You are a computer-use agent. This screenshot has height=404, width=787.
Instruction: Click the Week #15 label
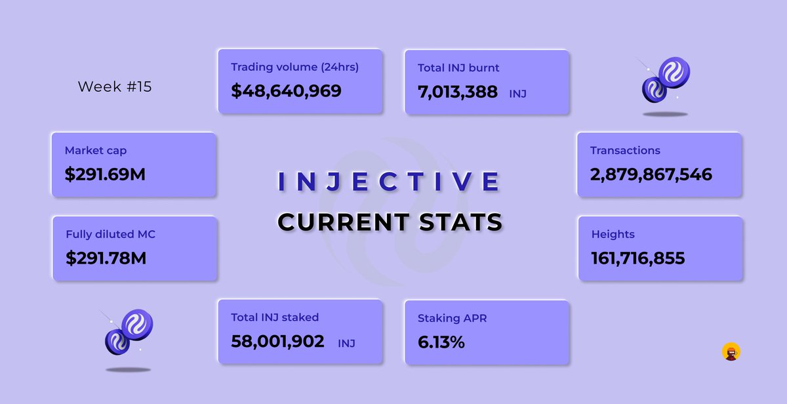[x=114, y=87]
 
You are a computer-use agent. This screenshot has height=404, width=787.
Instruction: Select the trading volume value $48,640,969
[x=286, y=91]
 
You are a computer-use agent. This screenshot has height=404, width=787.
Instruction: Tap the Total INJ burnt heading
[x=458, y=68]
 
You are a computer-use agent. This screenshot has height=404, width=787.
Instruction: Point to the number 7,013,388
[x=457, y=92]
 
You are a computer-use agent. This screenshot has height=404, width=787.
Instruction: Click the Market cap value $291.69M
[x=105, y=175]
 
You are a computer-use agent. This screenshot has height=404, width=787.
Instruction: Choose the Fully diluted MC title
[x=110, y=234]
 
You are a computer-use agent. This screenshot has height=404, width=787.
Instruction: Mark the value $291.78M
[x=106, y=258]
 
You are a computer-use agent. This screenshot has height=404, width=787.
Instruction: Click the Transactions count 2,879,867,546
[x=651, y=175]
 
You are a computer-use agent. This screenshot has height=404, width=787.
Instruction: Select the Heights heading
[x=613, y=234]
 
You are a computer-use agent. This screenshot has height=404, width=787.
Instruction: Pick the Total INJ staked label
[x=275, y=317]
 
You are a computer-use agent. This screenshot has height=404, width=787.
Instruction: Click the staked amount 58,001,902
[x=277, y=342]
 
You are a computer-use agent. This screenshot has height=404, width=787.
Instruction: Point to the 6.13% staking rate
[x=441, y=342]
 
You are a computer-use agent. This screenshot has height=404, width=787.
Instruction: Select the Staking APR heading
[x=452, y=318]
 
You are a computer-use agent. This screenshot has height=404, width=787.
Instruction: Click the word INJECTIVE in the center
[x=390, y=182]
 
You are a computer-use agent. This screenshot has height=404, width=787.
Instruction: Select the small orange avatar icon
[x=731, y=352]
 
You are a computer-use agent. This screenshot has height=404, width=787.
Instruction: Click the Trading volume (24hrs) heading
[x=294, y=67]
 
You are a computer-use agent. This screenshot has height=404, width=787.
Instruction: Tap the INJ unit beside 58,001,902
[x=346, y=343]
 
